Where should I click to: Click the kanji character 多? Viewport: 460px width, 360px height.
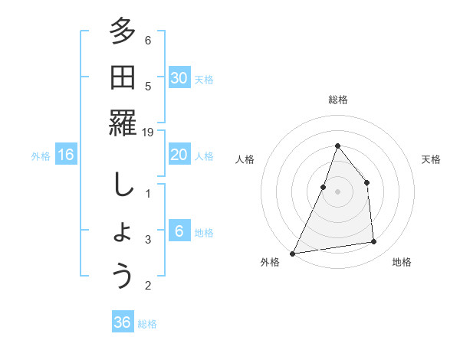123,33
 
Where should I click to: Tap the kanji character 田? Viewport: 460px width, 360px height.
123,78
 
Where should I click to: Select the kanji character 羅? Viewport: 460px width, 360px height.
123,124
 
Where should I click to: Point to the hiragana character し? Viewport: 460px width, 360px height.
123,185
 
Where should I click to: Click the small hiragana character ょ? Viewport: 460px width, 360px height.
123,233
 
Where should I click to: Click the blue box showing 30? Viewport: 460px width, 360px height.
179,78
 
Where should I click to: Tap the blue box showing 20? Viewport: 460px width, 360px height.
179,155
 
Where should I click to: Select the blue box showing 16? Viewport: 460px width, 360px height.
66,155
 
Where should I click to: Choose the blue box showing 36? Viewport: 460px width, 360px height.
123,322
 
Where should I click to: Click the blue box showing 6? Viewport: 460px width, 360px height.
179,231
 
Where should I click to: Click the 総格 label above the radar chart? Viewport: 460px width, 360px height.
337,100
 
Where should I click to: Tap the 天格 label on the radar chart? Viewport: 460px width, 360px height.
432,159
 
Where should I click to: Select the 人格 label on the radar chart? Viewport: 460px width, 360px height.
245,159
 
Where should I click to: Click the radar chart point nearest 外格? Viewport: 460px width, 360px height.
292,253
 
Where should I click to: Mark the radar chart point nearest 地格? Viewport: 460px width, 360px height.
374,242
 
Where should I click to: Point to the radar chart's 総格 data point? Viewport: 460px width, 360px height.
337,146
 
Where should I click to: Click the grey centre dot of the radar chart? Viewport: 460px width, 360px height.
337,191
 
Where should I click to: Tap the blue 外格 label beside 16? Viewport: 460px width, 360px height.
41,155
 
